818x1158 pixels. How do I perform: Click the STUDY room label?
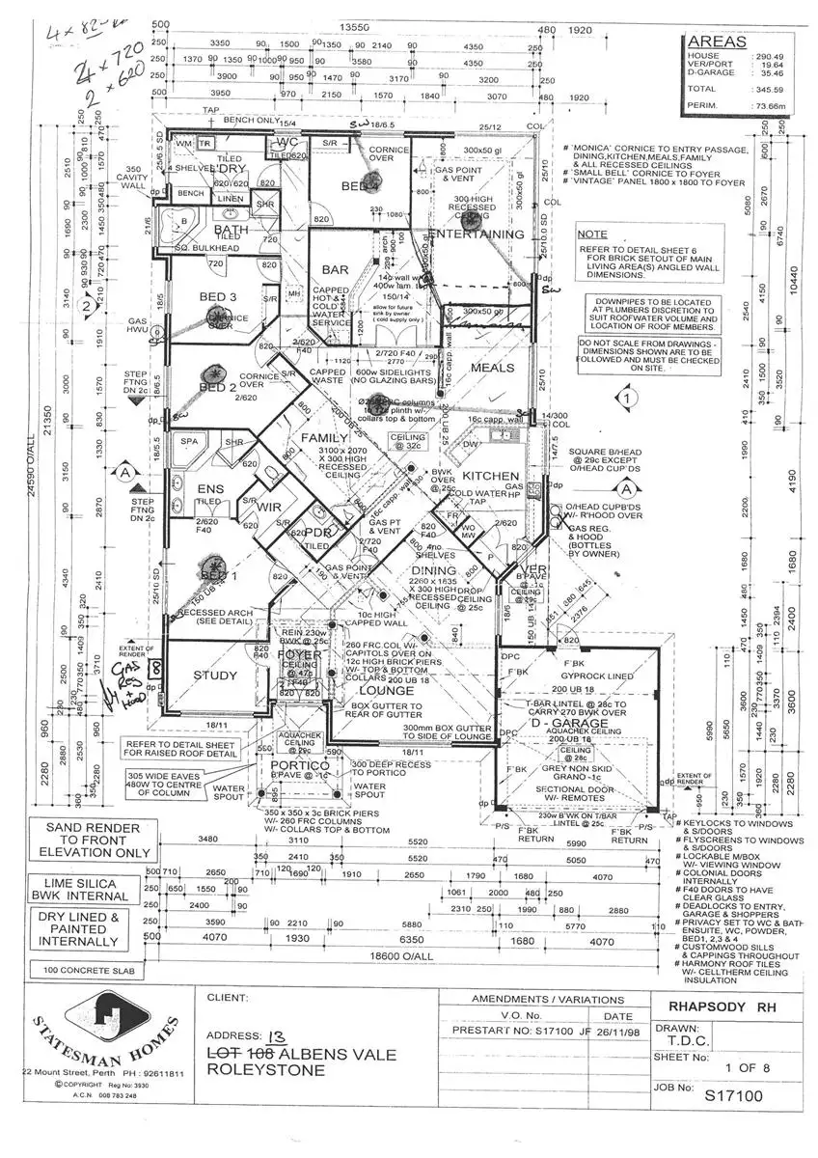point(214,675)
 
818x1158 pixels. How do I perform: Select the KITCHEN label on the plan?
point(491,477)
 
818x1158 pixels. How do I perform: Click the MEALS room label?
point(493,368)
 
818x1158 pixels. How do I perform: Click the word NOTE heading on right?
point(591,234)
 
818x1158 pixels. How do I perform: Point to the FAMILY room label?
point(323,438)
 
